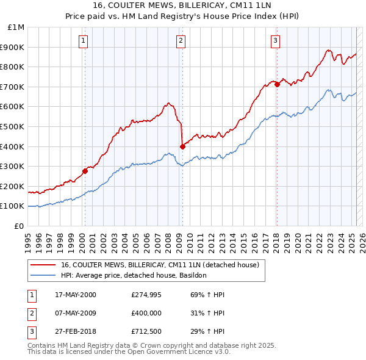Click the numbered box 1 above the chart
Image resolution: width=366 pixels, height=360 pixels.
click(83, 41)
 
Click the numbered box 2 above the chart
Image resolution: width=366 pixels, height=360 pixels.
click(181, 41)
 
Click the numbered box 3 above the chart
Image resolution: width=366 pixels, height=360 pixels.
click(275, 41)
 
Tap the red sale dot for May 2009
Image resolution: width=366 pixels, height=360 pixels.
click(182, 146)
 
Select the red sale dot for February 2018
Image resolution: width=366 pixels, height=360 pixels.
click(277, 84)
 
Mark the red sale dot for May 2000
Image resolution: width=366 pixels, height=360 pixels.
click(85, 171)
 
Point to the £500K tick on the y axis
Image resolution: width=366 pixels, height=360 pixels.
click(14, 126)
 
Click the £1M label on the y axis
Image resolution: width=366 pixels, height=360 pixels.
click(16, 27)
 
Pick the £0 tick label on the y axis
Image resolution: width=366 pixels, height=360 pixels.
click(19, 226)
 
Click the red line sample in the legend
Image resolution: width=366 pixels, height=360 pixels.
click(42, 265)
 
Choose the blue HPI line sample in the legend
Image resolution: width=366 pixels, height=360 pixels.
click(42, 275)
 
